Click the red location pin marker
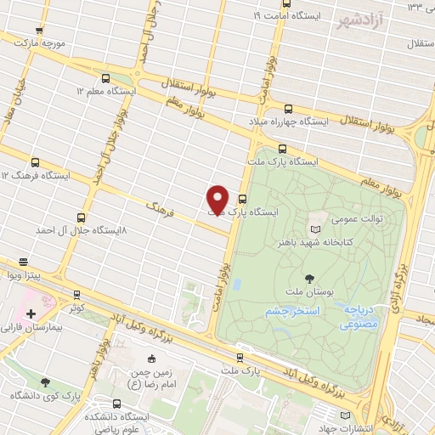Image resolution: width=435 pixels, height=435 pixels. pyautogui.click(x=217, y=199)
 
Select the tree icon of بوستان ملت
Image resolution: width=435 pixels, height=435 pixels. pyautogui.click(x=308, y=279)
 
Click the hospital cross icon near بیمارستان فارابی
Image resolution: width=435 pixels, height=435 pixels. pyautogui.click(x=31, y=314)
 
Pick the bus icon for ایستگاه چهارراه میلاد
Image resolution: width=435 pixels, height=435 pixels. pyautogui.click(x=287, y=109)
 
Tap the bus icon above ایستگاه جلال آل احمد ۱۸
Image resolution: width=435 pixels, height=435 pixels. pyautogui.click(x=81, y=218)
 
